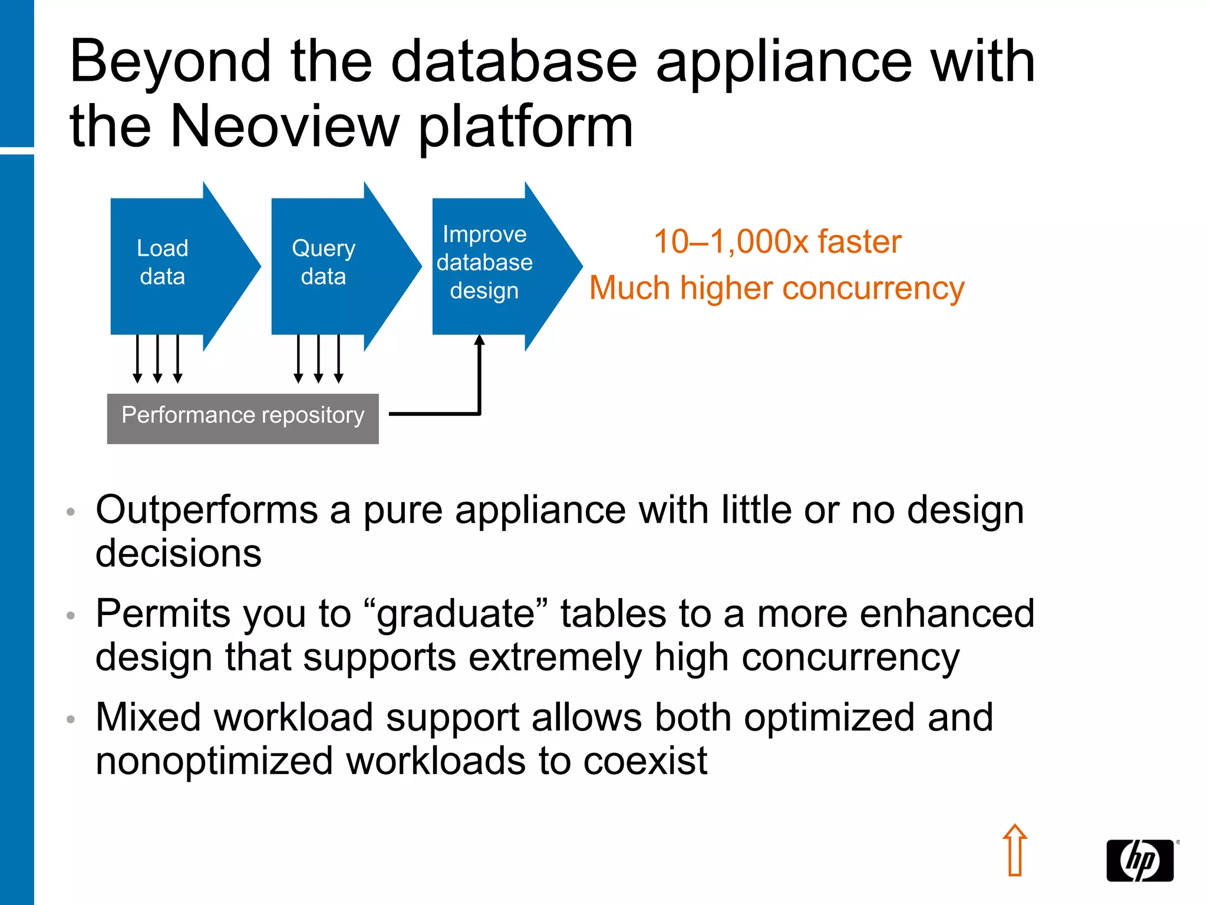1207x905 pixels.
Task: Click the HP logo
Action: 1140,860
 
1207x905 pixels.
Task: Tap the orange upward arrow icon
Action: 1015,850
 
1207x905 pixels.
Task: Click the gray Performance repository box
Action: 243,418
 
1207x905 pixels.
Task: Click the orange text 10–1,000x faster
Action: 777,242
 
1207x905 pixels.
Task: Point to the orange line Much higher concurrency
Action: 777,289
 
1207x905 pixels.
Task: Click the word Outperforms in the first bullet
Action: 206,510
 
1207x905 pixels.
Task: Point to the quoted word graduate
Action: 456,614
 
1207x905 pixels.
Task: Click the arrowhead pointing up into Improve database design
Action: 480,340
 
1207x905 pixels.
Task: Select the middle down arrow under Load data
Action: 157,359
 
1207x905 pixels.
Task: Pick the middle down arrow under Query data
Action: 318,359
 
